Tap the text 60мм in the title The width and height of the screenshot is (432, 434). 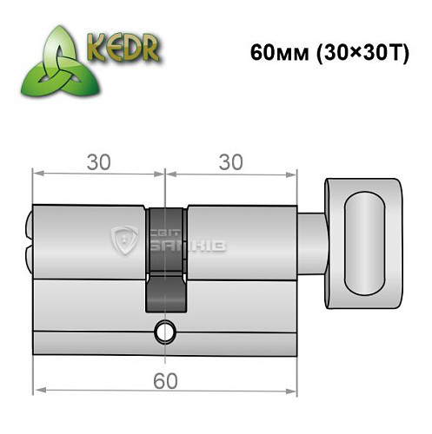click(x=271, y=51)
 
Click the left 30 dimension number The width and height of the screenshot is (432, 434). click(x=97, y=162)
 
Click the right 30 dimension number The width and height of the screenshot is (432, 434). click(x=229, y=162)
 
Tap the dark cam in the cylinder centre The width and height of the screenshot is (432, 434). click(x=164, y=260)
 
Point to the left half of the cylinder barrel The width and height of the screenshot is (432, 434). click(x=87, y=260)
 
